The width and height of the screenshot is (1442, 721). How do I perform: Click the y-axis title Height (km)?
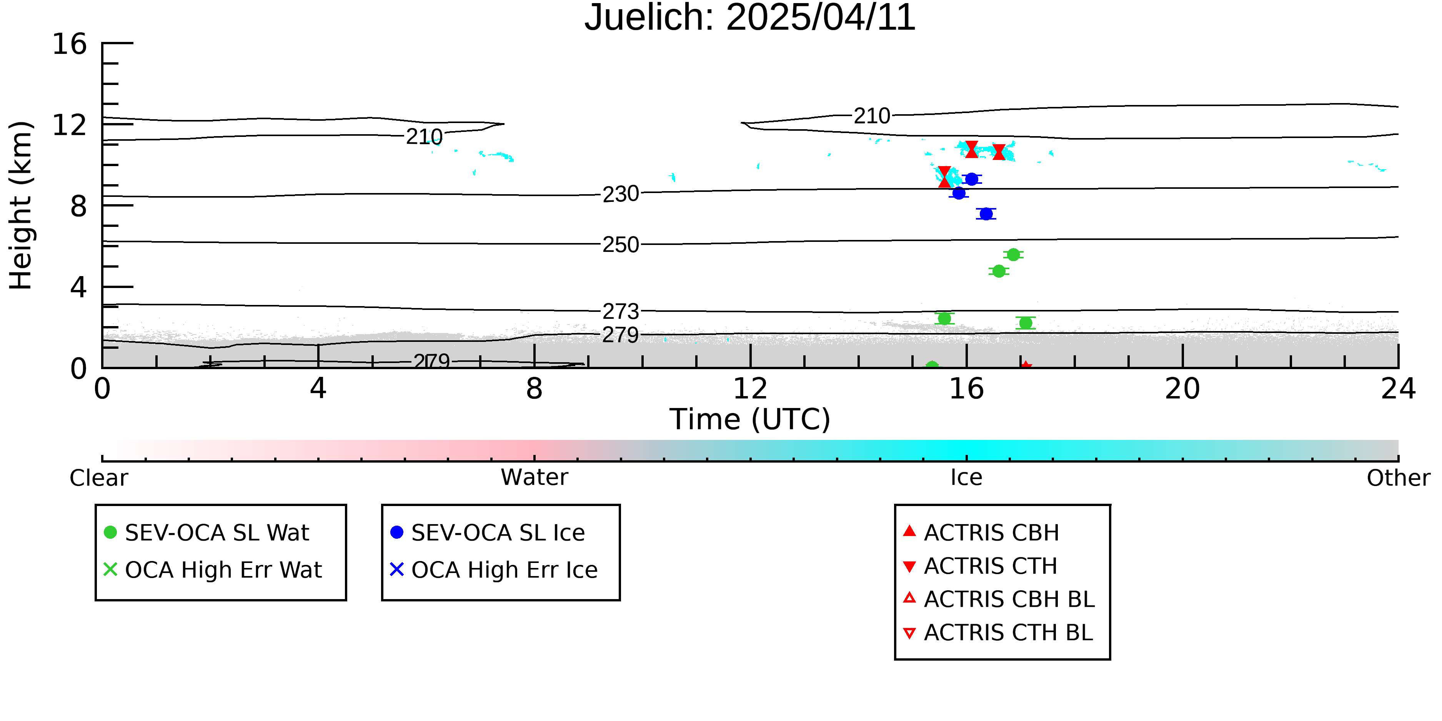[21, 205]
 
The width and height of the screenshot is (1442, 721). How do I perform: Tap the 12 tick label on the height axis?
[70, 125]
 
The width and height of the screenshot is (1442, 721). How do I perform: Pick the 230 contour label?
[620, 194]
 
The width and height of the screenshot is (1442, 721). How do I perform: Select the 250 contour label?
[620, 245]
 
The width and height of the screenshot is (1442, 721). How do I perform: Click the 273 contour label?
[620, 311]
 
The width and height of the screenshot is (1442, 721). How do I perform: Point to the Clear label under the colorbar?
[98, 478]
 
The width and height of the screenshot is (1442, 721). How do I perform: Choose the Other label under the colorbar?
[1398, 478]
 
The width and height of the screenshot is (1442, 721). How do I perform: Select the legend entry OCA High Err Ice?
[494, 570]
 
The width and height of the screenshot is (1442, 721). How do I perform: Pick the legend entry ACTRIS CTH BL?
[998, 633]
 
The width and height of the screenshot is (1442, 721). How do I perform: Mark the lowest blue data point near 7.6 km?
[986, 214]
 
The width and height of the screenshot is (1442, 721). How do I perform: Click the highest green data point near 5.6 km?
[1013, 255]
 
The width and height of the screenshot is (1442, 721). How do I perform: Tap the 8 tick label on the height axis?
[78, 206]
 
